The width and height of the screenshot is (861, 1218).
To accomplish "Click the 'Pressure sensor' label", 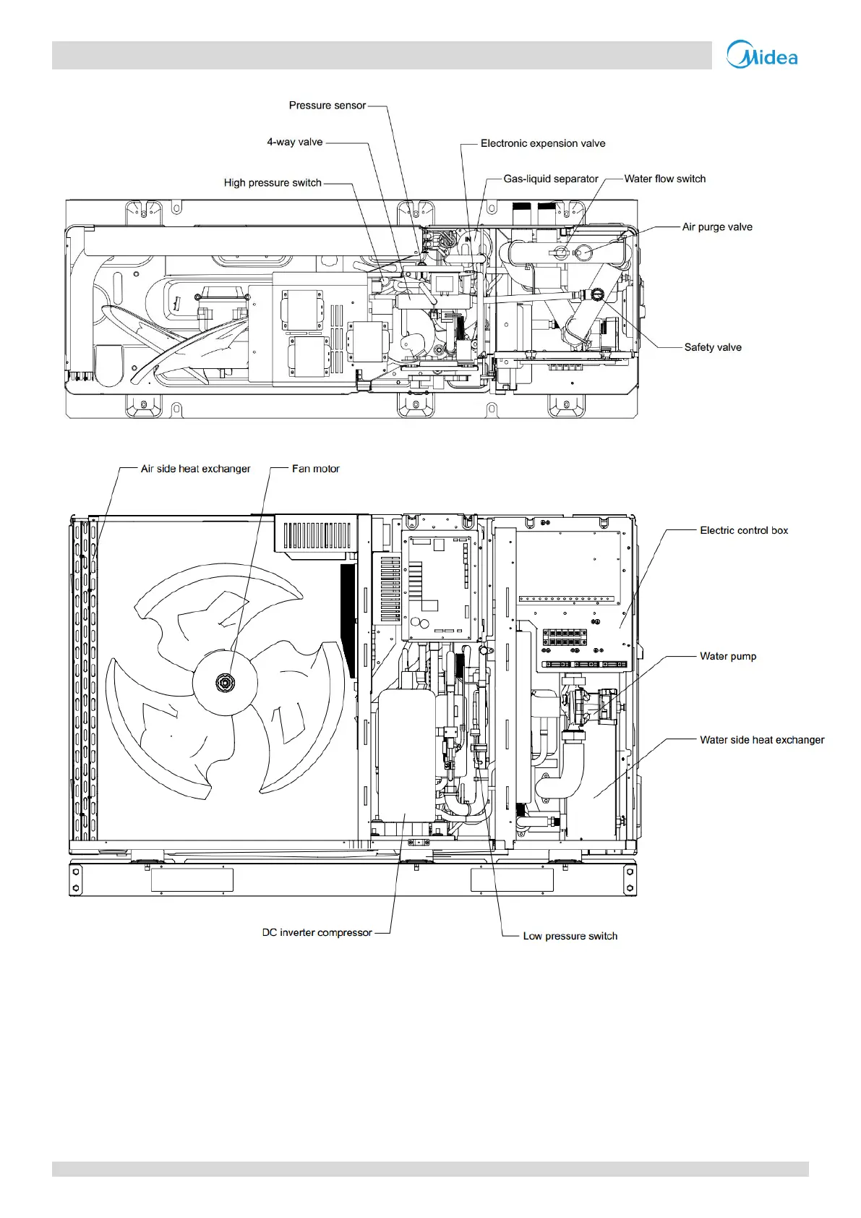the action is click(x=327, y=106).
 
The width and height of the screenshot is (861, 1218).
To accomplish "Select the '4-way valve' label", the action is click(x=295, y=142).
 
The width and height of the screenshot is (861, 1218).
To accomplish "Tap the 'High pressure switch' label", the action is click(x=273, y=183).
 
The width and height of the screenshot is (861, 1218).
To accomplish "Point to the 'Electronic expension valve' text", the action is click(x=542, y=143).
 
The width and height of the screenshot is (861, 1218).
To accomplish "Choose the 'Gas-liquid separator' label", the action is click(x=551, y=179).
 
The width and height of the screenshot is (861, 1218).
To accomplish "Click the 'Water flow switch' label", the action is click(x=665, y=179).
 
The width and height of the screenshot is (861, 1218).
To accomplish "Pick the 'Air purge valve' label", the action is click(x=717, y=227).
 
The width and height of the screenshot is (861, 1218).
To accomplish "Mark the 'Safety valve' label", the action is click(x=713, y=347).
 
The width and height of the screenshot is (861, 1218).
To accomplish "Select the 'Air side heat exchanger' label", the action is click(x=195, y=469).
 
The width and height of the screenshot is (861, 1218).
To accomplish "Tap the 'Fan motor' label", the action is click(x=315, y=469).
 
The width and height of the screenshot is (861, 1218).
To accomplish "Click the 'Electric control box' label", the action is click(x=744, y=530).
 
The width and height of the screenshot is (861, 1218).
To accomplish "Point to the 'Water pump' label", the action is click(x=728, y=656).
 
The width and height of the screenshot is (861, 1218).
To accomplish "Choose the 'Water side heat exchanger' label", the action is click(x=762, y=740).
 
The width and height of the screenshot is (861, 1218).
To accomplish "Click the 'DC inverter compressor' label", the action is click(x=317, y=932).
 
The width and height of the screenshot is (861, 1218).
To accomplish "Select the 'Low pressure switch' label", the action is click(x=570, y=936).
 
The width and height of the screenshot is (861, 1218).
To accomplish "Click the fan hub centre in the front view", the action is click(x=225, y=682).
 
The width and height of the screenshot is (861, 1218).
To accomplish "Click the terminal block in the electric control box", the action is click(x=565, y=638).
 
